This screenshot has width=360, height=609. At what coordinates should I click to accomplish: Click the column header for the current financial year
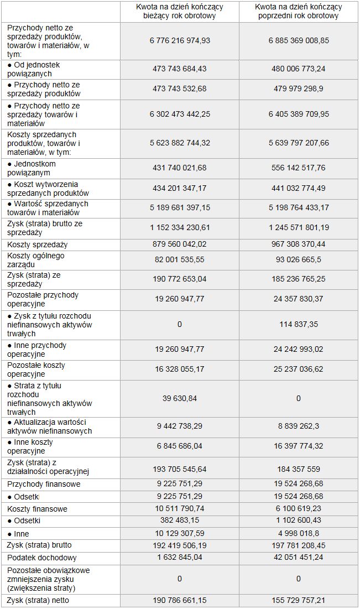pyautogui.click(x=180, y=11)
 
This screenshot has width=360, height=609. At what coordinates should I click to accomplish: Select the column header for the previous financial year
pyautogui.click(x=299, y=11)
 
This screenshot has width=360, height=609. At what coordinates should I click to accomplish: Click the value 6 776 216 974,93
pyautogui.click(x=180, y=40)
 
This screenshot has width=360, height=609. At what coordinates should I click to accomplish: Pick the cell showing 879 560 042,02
pyautogui.click(x=180, y=244)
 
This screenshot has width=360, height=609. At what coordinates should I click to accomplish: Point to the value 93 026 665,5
pyautogui.click(x=299, y=260)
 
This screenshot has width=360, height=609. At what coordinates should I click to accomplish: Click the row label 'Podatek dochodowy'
pyautogui.click(x=42, y=558)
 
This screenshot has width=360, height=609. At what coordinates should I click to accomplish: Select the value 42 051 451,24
pyautogui.click(x=299, y=558)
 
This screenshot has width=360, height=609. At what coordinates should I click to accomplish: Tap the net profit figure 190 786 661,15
pyautogui.click(x=180, y=600)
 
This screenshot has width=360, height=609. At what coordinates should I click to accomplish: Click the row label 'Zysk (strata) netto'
pyautogui.click(x=39, y=600)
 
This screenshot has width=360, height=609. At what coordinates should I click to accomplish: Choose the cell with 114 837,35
pyautogui.click(x=299, y=325)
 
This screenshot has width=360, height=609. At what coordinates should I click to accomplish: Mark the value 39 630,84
pyautogui.click(x=180, y=398)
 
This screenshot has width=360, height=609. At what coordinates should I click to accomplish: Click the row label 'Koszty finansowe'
pyautogui.click(x=38, y=509)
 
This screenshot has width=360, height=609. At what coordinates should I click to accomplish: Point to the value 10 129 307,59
pyautogui.click(x=180, y=534)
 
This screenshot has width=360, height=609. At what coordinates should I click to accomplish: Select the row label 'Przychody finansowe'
pyautogui.click(x=44, y=484)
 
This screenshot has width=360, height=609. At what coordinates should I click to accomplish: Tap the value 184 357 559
pyautogui.click(x=299, y=469)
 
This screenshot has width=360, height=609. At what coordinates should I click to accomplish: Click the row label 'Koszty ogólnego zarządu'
pyautogui.click(x=36, y=260)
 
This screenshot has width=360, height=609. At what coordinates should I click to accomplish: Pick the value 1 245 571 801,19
pyautogui.click(x=299, y=227)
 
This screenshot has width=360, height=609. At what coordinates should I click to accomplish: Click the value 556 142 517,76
pyautogui.click(x=299, y=168)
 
